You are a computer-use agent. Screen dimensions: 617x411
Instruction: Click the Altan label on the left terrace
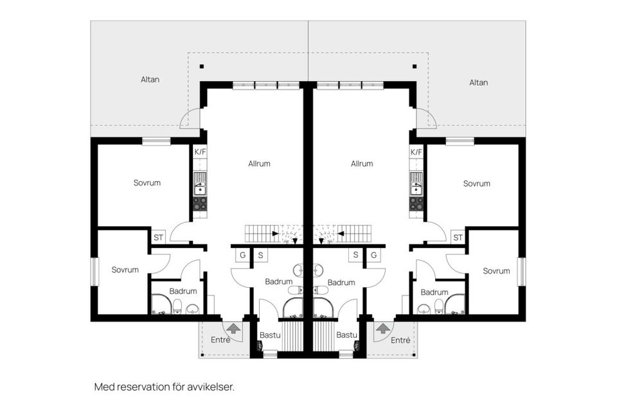point(150,80)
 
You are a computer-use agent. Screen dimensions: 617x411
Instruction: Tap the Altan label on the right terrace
point(478,83)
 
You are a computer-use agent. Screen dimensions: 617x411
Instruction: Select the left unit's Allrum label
point(259,164)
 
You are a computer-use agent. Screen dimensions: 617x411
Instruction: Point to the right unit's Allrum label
point(362,164)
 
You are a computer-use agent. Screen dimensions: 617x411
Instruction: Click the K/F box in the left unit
point(201,152)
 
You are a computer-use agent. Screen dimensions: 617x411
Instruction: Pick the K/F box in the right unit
point(416,152)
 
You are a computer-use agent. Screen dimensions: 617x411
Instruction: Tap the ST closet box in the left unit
point(159,238)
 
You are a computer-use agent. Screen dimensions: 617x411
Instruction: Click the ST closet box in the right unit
point(458,238)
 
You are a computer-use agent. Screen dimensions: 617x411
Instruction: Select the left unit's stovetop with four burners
point(200,204)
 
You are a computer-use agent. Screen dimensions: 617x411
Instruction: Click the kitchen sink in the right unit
point(416,184)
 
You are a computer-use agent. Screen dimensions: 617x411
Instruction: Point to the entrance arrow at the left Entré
point(233,328)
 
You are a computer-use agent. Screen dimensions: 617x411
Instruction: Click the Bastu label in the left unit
point(270,335)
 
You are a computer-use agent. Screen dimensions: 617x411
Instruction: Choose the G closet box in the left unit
point(243,255)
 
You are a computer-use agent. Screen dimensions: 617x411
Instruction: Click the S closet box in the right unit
point(355,255)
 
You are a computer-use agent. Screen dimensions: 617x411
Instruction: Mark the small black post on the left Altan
point(202,67)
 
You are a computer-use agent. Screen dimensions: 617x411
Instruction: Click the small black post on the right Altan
point(415,67)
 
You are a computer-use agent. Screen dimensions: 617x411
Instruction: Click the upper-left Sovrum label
point(147,183)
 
